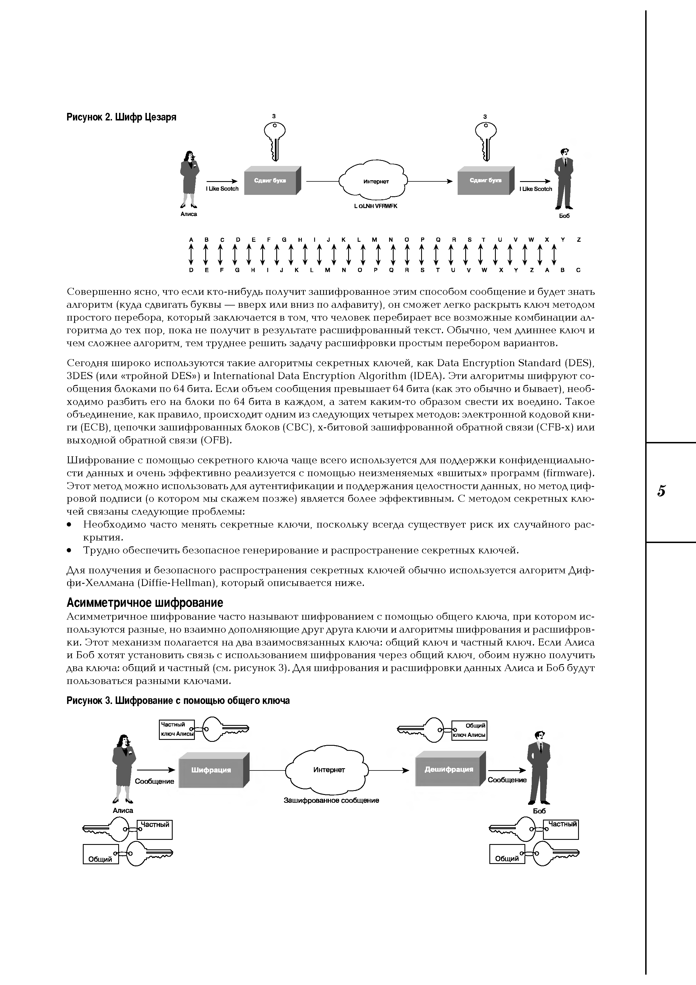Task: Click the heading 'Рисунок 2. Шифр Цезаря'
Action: [121, 117]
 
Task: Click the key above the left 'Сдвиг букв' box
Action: [275, 140]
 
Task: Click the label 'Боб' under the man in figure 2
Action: [564, 216]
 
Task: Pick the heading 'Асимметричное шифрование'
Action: [145, 603]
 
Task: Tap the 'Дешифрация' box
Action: [449, 769]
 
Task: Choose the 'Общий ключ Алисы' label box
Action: [470, 730]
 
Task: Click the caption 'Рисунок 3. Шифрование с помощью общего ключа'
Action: [178, 701]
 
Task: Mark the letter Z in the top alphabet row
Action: [578, 240]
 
